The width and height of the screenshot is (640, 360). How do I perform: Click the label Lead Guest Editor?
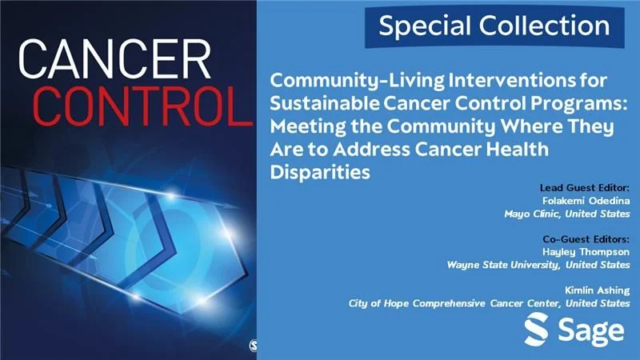click(585, 187)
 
